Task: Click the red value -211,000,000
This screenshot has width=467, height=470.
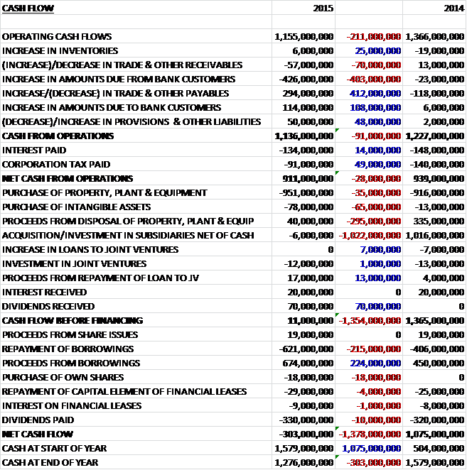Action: tap(374, 36)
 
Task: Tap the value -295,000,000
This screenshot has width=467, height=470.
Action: tap(374, 221)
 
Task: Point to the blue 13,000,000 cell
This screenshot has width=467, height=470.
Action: tap(379, 278)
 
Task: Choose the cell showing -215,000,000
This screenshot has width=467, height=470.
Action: tap(374, 349)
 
